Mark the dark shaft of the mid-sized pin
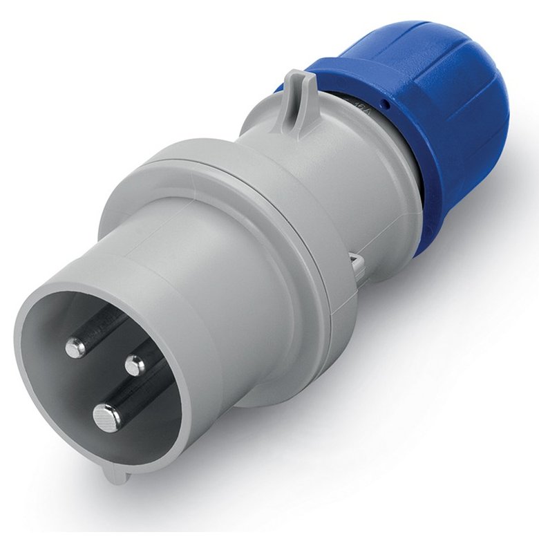(x=104, y=325)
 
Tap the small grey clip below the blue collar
(x=357, y=262)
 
